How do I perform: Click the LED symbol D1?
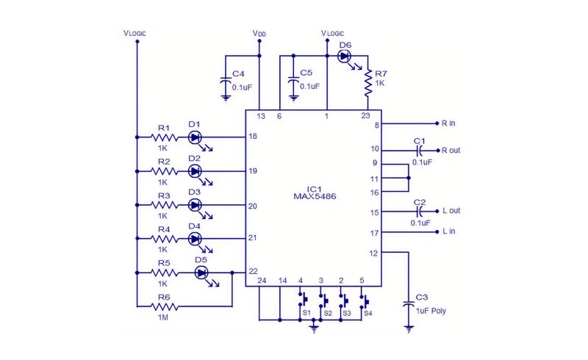click(194, 137)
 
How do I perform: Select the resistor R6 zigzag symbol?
click(164, 307)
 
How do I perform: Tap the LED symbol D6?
click(344, 57)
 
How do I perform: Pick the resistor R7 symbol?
click(368, 82)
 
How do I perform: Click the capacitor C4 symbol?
click(226, 82)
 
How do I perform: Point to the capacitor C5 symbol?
click(293, 82)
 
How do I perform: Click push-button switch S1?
click(303, 300)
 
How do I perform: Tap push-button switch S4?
click(365, 300)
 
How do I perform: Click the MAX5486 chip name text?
click(315, 196)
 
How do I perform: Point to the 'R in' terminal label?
click(448, 123)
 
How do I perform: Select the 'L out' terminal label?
click(451, 211)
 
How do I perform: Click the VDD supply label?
click(259, 33)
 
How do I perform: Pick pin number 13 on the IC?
click(261, 116)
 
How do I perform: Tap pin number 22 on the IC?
click(253, 272)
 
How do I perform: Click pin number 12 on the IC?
click(373, 253)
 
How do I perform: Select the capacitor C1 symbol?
click(420, 151)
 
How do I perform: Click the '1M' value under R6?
click(163, 317)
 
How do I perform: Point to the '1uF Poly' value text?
click(431, 311)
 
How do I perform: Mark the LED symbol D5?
click(201, 273)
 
